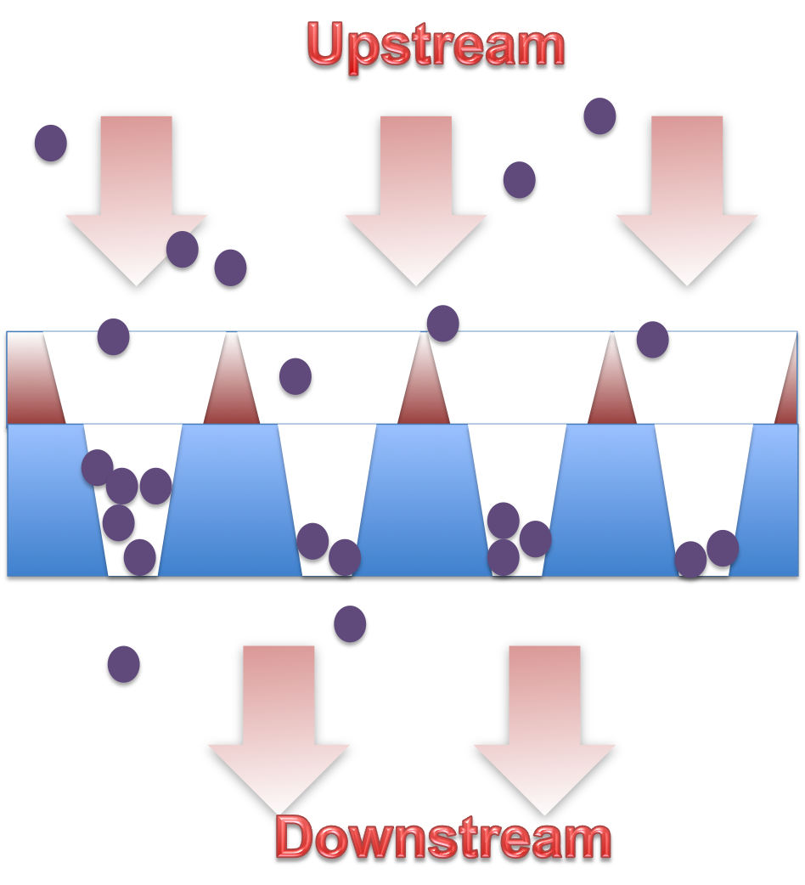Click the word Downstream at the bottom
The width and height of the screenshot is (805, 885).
(443, 838)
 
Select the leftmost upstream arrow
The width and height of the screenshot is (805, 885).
(137, 200)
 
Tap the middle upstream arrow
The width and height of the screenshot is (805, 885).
(416, 200)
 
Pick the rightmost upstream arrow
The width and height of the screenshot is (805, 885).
(687, 200)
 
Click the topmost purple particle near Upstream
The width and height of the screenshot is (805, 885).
(600, 116)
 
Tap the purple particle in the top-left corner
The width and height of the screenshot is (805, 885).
(51, 143)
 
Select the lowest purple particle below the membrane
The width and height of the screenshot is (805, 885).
(124, 663)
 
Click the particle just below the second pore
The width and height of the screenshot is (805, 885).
(350, 623)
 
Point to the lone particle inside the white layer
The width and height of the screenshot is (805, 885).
(296, 376)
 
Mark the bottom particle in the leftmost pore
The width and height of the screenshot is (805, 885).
(140, 557)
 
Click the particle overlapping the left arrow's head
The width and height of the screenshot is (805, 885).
(183, 249)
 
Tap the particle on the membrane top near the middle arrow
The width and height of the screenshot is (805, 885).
(442, 323)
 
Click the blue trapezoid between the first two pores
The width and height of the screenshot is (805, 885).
(229, 501)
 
